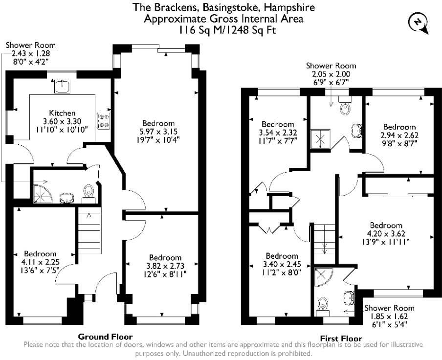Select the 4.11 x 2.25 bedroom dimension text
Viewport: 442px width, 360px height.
pos(41,262)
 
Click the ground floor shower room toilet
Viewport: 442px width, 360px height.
pos(88,192)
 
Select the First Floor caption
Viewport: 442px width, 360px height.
pos(341,338)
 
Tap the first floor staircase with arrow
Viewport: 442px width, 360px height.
pos(323,240)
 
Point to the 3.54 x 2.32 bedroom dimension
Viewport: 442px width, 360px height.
pos(277,133)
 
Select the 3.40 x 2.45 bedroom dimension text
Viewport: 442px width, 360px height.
pos(282,264)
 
